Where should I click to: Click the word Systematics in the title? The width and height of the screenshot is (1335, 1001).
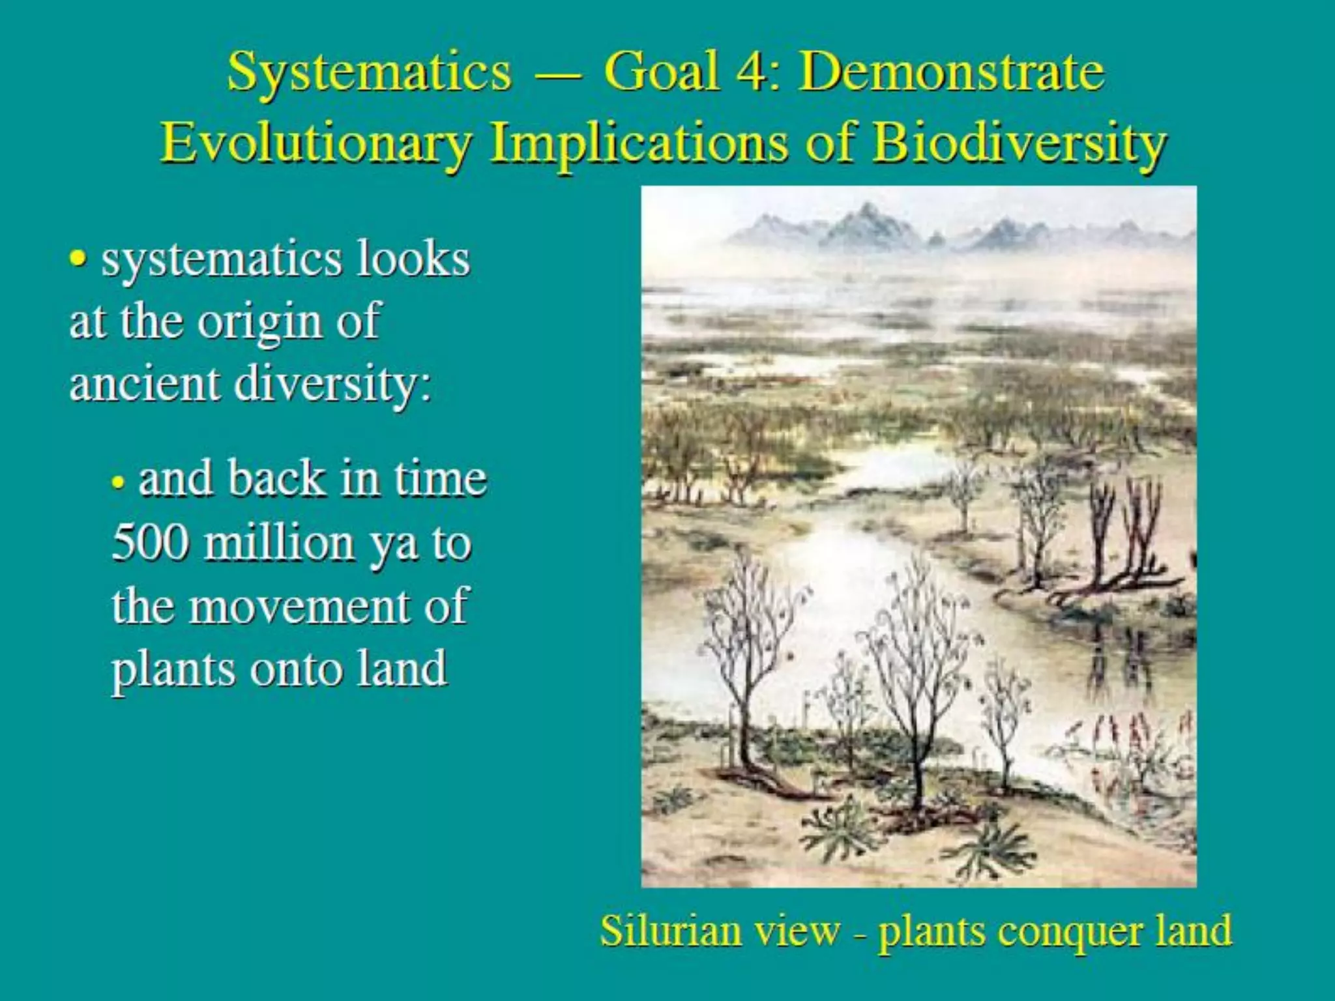369,73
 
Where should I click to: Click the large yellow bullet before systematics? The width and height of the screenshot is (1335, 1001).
78,260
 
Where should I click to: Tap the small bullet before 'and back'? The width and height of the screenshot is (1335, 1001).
118,484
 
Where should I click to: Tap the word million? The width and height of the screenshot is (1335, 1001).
278,542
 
